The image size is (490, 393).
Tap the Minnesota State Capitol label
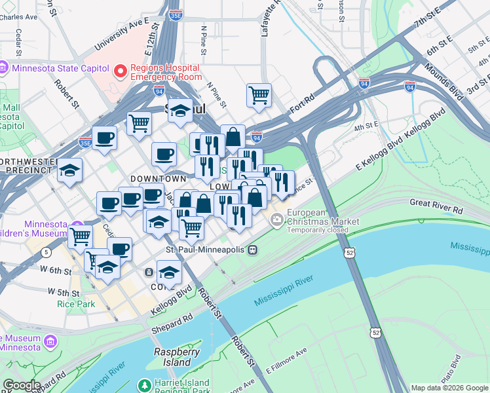pos(55,67)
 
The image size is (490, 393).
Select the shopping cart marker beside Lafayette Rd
pos(259,95)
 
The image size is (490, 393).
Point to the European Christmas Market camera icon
pos(276,222)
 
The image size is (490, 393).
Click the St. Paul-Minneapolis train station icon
pos(252,250)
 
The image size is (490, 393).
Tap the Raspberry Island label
pos(176,357)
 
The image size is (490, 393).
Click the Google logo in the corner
pos(22,385)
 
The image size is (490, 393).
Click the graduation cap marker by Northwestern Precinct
pos(69,172)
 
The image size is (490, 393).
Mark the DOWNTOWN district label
pos(158,179)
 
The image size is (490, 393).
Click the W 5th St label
pos(64,292)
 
